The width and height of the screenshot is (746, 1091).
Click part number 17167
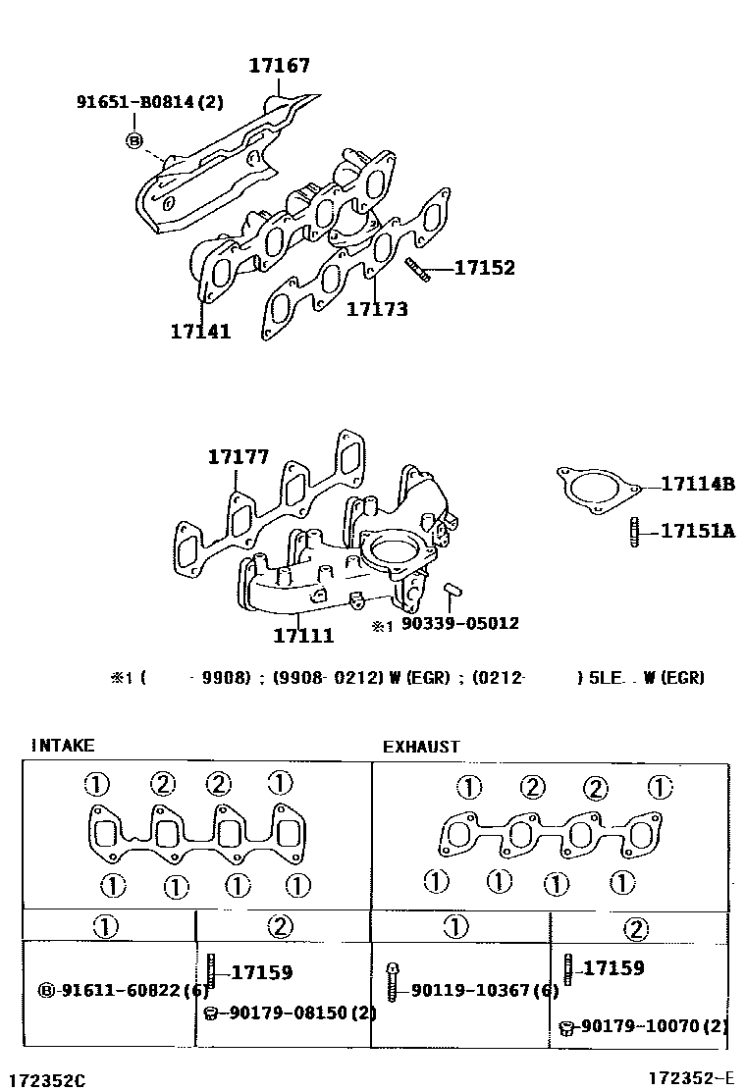coord(279,66)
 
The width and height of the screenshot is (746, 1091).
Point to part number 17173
coord(377,309)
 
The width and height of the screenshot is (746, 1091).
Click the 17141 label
coord(200,332)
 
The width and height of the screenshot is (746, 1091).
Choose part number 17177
coord(238,457)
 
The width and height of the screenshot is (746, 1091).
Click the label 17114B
coord(697,484)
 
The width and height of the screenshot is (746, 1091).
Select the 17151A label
coord(697,531)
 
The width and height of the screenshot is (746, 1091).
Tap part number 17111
coord(303,636)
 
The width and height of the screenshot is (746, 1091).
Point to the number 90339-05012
coord(459,623)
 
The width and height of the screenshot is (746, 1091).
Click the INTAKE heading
coord(63,746)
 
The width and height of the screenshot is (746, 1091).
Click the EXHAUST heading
coord(421,747)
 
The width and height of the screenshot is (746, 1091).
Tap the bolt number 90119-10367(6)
coord(485,991)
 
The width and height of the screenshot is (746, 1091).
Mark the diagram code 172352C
coord(44,1080)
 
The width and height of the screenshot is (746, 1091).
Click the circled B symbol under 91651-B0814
coord(134,140)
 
